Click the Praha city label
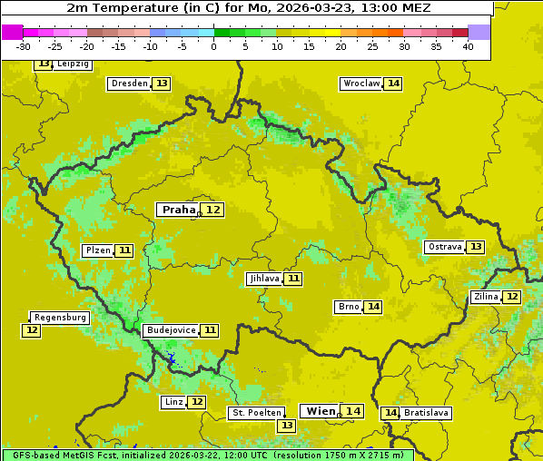tap(178, 210)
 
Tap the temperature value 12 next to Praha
tap(213, 210)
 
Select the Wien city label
tap(321, 411)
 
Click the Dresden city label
tap(128, 83)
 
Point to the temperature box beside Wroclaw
tap(393, 83)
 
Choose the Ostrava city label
tap(444, 247)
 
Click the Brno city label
tap(349, 307)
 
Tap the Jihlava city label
tap(263, 279)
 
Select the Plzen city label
tap(97, 250)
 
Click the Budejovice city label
tap(170, 330)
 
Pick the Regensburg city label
tap(60, 318)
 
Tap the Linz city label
tap(173, 402)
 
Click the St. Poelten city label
tap(256, 413)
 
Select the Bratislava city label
tap(427, 413)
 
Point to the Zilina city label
tap(486, 297)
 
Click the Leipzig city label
tap(72, 64)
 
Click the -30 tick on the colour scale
tap(24, 46)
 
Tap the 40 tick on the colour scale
tap(468, 46)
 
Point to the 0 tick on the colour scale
tap(213, 46)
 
